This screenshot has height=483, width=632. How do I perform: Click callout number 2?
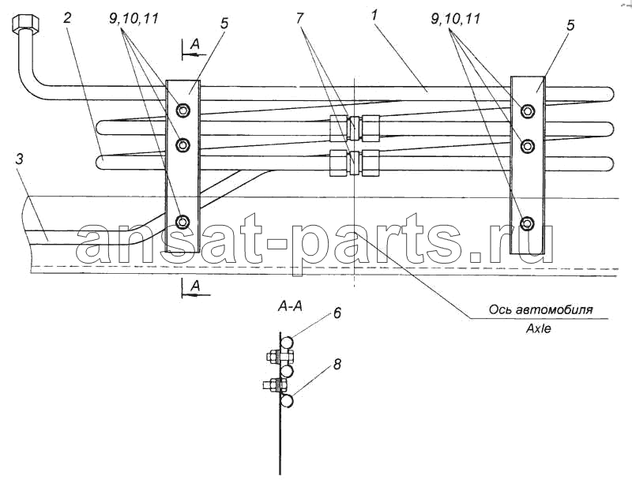click(x=67, y=18)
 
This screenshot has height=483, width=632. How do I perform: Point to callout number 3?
click(x=19, y=159)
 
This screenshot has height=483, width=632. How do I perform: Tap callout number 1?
click(x=374, y=17)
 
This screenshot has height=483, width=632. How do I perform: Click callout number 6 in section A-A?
click(x=337, y=313)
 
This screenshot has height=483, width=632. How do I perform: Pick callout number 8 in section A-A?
click(x=337, y=365)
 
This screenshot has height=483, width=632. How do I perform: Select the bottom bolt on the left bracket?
click(x=183, y=220)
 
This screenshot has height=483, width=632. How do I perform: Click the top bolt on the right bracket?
click(x=528, y=110)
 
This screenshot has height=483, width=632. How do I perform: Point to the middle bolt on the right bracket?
click(x=528, y=147)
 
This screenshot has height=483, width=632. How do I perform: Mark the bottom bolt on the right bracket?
click(x=528, y=223)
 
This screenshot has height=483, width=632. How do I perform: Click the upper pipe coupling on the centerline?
click(x=354, y=128)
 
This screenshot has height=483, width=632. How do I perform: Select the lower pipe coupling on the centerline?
click(x=354, y=163)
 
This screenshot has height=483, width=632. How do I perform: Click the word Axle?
click(x=539, y=328)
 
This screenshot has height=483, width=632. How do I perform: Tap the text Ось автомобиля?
click(x=540, y=310)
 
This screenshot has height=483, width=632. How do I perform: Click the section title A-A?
click(x=290, y=307)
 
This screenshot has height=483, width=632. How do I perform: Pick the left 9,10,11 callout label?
click(x=134, y=18)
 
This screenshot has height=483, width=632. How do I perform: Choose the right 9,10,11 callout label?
click(x=456, y=18)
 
